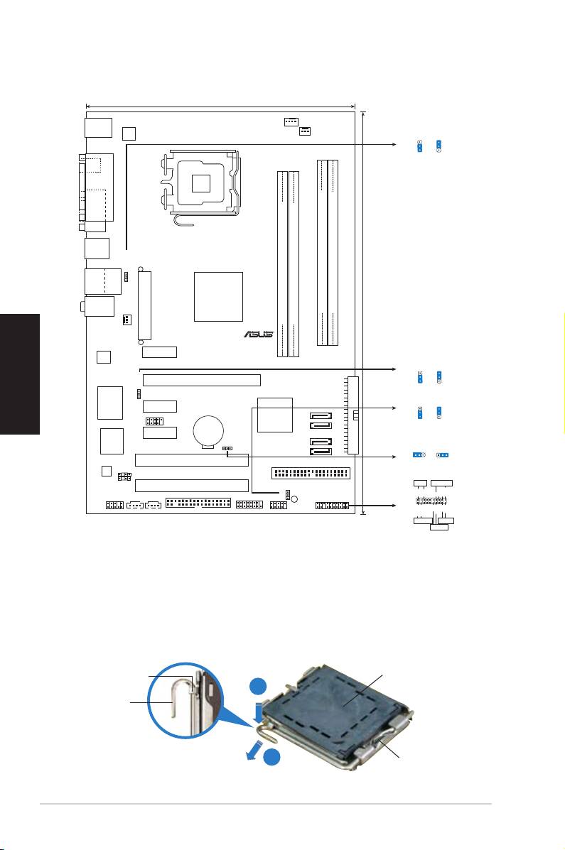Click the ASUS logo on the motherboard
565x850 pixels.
pyautogui.click(x=259, y=334)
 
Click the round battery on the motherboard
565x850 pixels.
pyautogui.click(x=208, y=432)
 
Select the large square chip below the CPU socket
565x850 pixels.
pyautogui.click(x=218, y=297)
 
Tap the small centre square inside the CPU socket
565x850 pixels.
pyautogui.click(x=201, y=183)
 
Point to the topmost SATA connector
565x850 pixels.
pyautogui.click(x=321, y=416)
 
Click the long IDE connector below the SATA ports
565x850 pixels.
pyautogui.click(x=311, y=473)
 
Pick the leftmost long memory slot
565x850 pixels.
pyautogui.click(x=282, y=263)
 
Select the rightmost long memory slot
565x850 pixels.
pyautogui.click(x=333, y=253)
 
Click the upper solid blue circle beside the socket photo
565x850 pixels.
pyautogui.click(x=258, y=686)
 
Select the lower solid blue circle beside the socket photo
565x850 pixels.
pyautogui.click(x=273, y=758)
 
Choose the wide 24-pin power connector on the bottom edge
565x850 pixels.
pyautogui.click(x=198, y=503)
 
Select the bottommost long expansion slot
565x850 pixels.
pyautogui.click(x=192, y=486)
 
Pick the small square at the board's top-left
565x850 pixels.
pyautogui.click(x=129, y=134)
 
